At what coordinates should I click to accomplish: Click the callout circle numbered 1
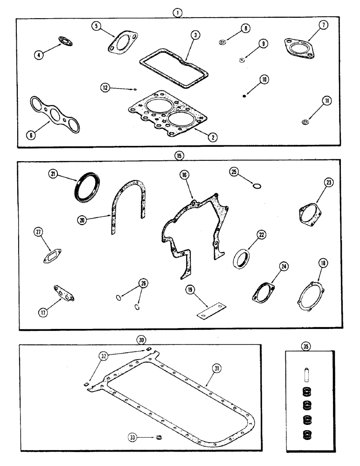tap(176, 14)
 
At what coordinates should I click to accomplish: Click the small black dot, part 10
tap(244, 96)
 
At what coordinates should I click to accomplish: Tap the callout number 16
tap(184, 176)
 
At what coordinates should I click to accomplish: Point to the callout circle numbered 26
tap(143, 283)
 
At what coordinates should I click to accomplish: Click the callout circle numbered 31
tap(217, 368)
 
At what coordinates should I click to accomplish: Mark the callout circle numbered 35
tap(305, 346)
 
